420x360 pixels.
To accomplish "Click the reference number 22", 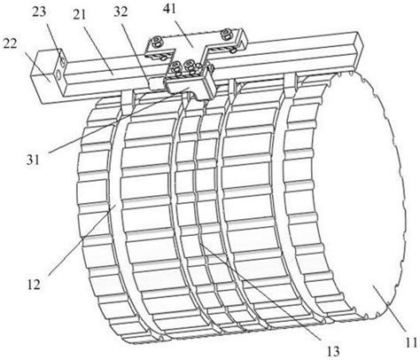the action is click(x=11, y=44).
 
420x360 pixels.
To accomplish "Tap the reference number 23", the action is click(x=40, y=12).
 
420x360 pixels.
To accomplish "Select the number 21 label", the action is click(x=79, y=15).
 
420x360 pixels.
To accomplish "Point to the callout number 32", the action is click(x=121, y=12).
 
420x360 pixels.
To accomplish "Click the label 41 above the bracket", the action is click(x=169, y=9).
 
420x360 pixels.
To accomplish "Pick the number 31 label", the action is click(x=33, y=160).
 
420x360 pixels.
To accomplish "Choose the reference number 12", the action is click(x=33, y=285).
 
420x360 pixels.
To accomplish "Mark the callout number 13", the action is click(x=333, y=351).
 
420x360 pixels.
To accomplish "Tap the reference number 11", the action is click(x=411, y=341).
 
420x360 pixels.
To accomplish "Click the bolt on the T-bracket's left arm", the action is click(x=156, y=43).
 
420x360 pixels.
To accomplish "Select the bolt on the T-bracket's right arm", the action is click(x=228, y=34).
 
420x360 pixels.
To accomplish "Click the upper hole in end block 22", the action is click(x=63, y=61).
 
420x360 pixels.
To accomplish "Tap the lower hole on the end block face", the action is click(x=58, y=75).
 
